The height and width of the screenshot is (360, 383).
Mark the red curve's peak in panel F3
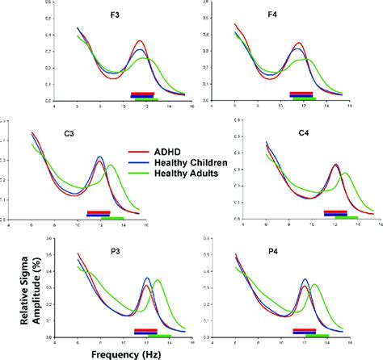click(x=141, y=40)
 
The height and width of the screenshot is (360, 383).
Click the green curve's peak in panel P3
click(x=157, y=280)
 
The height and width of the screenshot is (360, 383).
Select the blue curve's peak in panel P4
click(x=305, y=280)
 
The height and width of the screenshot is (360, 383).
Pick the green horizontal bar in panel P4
click(x=316, y=335)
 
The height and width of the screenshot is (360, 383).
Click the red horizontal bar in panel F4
click(x=300, y=94)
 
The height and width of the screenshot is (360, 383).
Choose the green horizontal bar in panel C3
click(x=112, y=218)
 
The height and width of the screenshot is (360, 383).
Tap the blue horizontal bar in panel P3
click(x=145, y=331)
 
